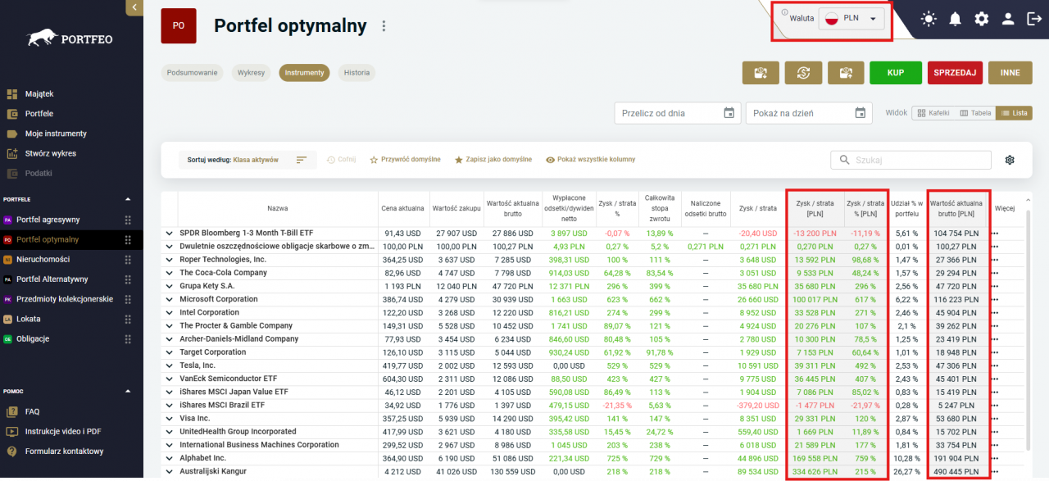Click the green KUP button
[x=896, y=73]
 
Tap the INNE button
[x=1010, y=73]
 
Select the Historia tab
[x=356, y=73]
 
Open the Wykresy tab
[x=251, y=73]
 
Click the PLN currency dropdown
[x=851, y=19]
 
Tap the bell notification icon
[x=955, y=19]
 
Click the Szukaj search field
[x=910, y=160]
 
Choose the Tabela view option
[x=975, y=113]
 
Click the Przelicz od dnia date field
[x=677, y=113]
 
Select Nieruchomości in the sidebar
[x=43, y=259]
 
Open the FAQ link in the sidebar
[x=32, y=411]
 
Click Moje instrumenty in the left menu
[x=56, y=134]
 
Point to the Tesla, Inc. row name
[x=198, y=365]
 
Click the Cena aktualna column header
[x=402, y=208]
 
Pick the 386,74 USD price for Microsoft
[x=402, y=299]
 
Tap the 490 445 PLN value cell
[x=956, y=472]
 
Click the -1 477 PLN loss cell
[x=815, y=405]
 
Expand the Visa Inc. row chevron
[x=169, y=419]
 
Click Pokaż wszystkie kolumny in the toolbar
[x=590, y=160]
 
